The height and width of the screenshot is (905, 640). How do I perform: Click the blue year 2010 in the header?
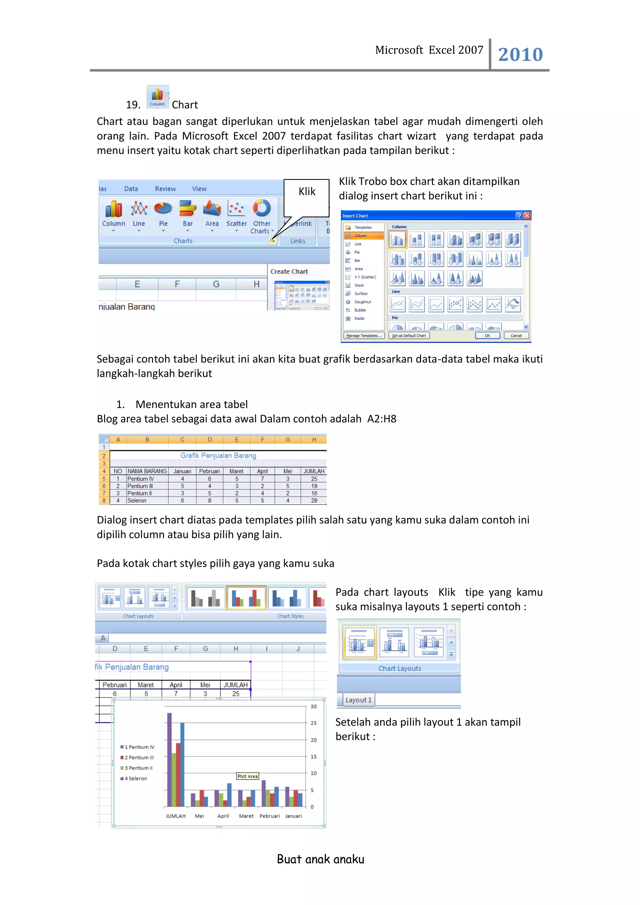[x=520, y=55]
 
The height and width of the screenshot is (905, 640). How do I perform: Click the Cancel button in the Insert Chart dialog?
[x=516, y=336]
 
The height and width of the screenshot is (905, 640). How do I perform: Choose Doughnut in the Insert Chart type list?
[x=362, y=302]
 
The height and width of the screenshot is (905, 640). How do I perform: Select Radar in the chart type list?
[x=359, y=319]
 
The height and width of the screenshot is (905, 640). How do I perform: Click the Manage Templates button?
[x=363, y=336]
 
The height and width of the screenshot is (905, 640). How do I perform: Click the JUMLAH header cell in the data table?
[x=314, y=471]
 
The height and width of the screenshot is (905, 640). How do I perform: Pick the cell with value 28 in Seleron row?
[x=314, y=500]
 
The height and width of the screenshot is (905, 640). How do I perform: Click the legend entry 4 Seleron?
[x=135, y=778]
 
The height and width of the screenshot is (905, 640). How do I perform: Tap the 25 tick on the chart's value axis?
[x=313, y=723]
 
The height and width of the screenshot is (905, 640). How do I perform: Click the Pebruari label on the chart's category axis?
[x=270, y=816]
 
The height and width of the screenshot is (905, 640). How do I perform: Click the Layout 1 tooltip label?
[x=358, y=700]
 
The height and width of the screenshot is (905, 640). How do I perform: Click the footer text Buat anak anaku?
[x=320, y=859]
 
